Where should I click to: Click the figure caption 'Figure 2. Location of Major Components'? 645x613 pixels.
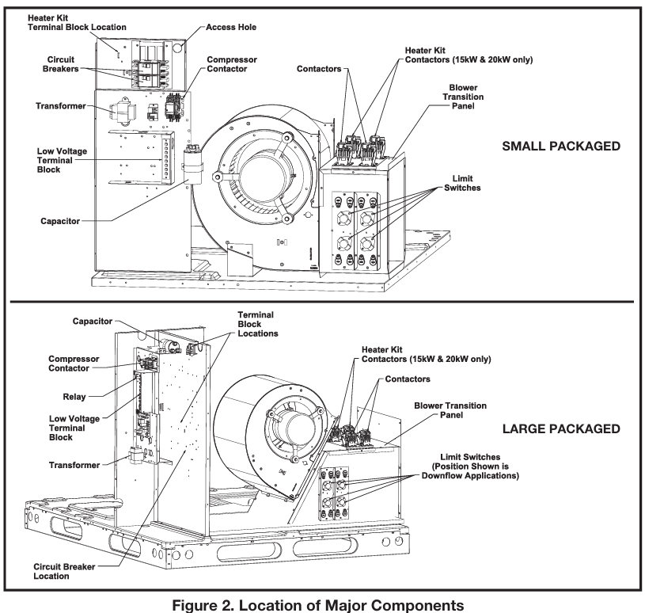tap(322, 601)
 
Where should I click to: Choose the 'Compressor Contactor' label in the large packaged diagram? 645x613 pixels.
tap(68, 363)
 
